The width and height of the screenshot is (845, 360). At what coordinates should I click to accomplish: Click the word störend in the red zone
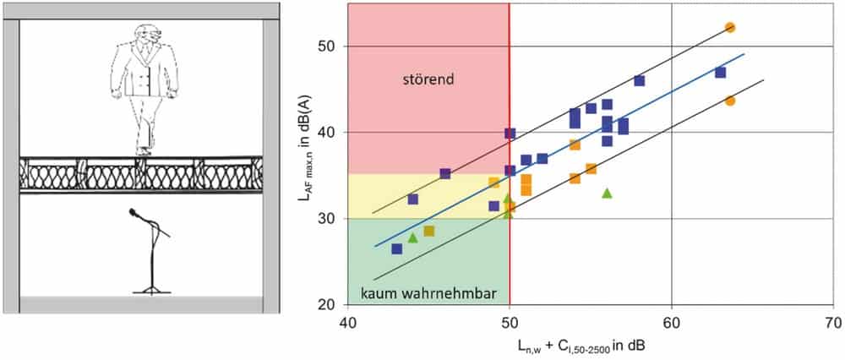click(429, 79)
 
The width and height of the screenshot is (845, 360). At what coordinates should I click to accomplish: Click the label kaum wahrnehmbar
click(429, 295)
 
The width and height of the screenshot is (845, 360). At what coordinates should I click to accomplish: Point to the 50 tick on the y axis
click(326, 46)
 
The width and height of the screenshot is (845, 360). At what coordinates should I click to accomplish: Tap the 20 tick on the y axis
click(326, 305)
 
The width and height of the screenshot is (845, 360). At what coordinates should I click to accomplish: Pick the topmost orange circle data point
click(730, 28)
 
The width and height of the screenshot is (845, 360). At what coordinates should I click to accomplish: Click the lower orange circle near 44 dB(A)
click(730, 101)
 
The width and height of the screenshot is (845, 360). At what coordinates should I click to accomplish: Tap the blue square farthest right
click(721, 72)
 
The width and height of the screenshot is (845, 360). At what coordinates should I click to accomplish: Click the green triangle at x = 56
click(607, 193)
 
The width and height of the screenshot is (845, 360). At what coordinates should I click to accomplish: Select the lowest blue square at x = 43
click(396, 249)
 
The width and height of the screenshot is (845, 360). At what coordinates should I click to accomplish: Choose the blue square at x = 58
click(639, 81)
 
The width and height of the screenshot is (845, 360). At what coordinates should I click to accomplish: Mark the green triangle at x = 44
click(413, 237)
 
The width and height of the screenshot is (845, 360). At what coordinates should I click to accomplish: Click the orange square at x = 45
click(429, 232)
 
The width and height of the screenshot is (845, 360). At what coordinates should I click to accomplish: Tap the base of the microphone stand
click(151, 292)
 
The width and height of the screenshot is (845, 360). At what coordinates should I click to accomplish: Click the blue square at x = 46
click(445, 173)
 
